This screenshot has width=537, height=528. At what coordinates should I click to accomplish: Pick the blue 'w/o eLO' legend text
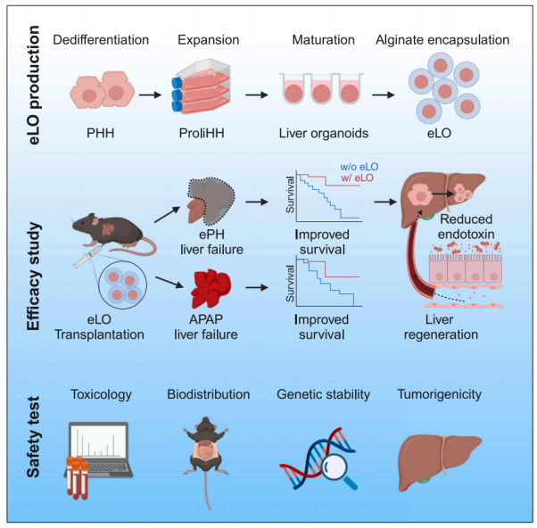coord(359,166)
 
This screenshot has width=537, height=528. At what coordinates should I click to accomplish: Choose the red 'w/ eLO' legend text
coord(357,178)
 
